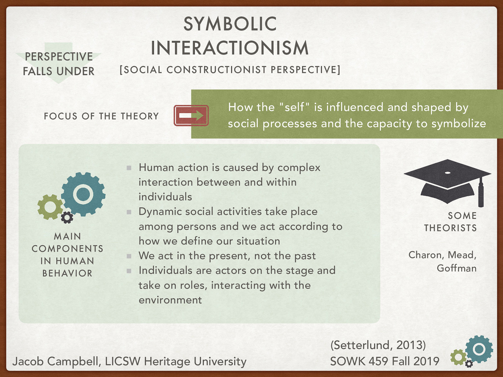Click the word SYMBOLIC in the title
[x=230, y=24]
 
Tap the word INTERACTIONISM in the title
[x=230, y=48]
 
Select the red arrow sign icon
[x=191, y=116]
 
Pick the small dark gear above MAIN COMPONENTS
[x=67, y=217]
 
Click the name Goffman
[x=456, y=268]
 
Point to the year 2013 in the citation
[x=409, y=345]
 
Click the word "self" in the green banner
[x=295, y=107]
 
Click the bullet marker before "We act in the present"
[x=129, y=256]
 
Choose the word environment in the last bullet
[x=170, y=300]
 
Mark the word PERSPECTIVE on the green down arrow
[x=59, y=57]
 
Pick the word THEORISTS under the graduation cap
[x=450, y=228]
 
